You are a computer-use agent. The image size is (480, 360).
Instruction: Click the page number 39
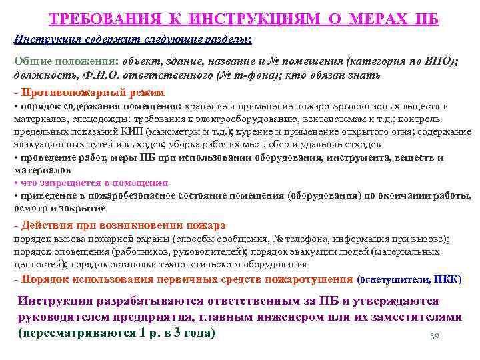pos(435,335)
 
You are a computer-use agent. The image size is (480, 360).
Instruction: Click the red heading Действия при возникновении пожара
pos(123,225)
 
